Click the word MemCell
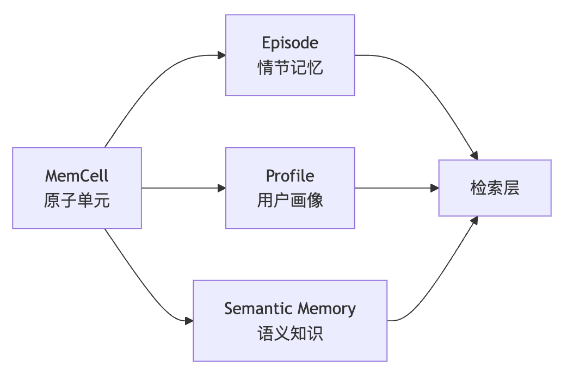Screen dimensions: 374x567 tap(77, 176)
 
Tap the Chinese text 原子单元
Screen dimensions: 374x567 tap(77, 201)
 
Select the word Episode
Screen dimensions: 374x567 tap(290, 43)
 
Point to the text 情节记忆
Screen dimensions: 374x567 tap(290, 68)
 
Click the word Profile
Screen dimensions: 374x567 tap(290, 176)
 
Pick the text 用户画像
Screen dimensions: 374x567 tap(290, 201)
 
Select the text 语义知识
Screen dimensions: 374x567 tap(290, 333)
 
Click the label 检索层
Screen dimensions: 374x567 tap(495, 188)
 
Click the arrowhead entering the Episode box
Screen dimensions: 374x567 tap(221, 55)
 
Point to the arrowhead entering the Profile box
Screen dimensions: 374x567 tap(221, 188)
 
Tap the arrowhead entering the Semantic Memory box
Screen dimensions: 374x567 tap(189, 321)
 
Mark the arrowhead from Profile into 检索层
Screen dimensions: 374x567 tap(435, 188)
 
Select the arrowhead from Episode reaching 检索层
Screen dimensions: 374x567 tap(474, 155)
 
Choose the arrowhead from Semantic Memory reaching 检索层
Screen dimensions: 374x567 tap(474, 220)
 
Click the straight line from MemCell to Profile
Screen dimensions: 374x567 tap(180, 188)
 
